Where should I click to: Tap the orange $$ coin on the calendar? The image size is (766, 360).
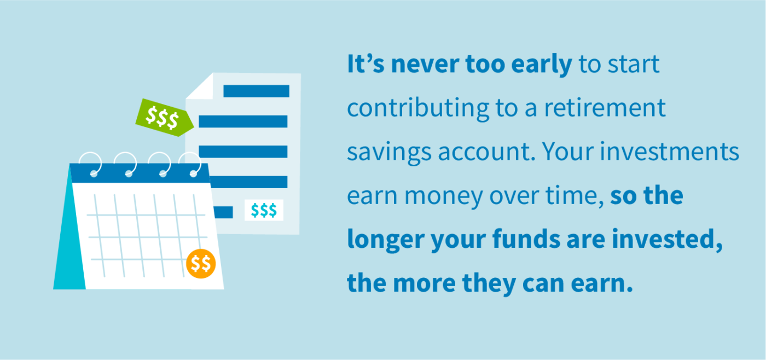201,264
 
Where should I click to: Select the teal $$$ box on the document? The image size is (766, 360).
264,210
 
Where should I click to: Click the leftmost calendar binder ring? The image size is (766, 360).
90,164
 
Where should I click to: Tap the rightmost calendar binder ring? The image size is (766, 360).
192,164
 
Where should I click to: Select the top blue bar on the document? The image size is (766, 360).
256,91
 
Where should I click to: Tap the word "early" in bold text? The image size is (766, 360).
541,65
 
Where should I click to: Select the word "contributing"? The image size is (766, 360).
419,109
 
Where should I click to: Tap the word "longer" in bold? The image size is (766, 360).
385,240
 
